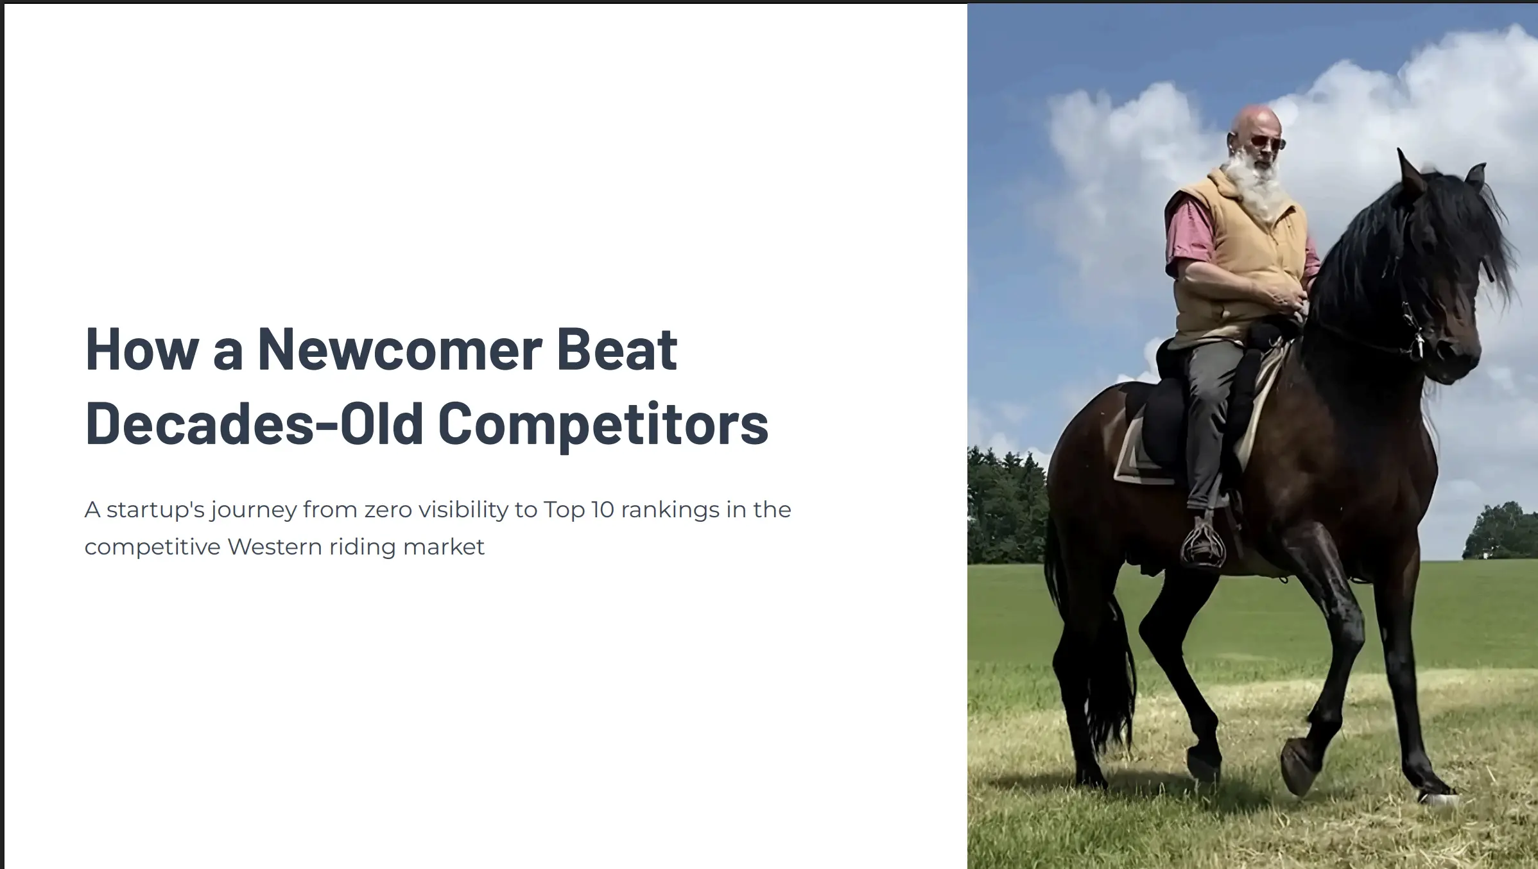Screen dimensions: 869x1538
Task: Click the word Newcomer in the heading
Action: point(400,350)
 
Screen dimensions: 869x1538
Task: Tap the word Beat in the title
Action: point(616,350)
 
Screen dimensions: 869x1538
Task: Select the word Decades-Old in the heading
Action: point(254,424)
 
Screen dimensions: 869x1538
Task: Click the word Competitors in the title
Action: point(603,424)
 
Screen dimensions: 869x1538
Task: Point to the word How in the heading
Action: point(142,350)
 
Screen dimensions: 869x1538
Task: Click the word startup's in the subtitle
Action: point(155,510)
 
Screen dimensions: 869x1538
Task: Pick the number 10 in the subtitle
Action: point(603,510)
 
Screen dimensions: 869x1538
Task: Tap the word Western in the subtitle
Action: point(275,547)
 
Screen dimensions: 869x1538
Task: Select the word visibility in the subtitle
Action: point(463,510)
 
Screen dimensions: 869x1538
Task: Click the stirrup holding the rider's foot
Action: point(1202,546)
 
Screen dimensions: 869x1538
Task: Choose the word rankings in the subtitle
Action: point(670,510)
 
